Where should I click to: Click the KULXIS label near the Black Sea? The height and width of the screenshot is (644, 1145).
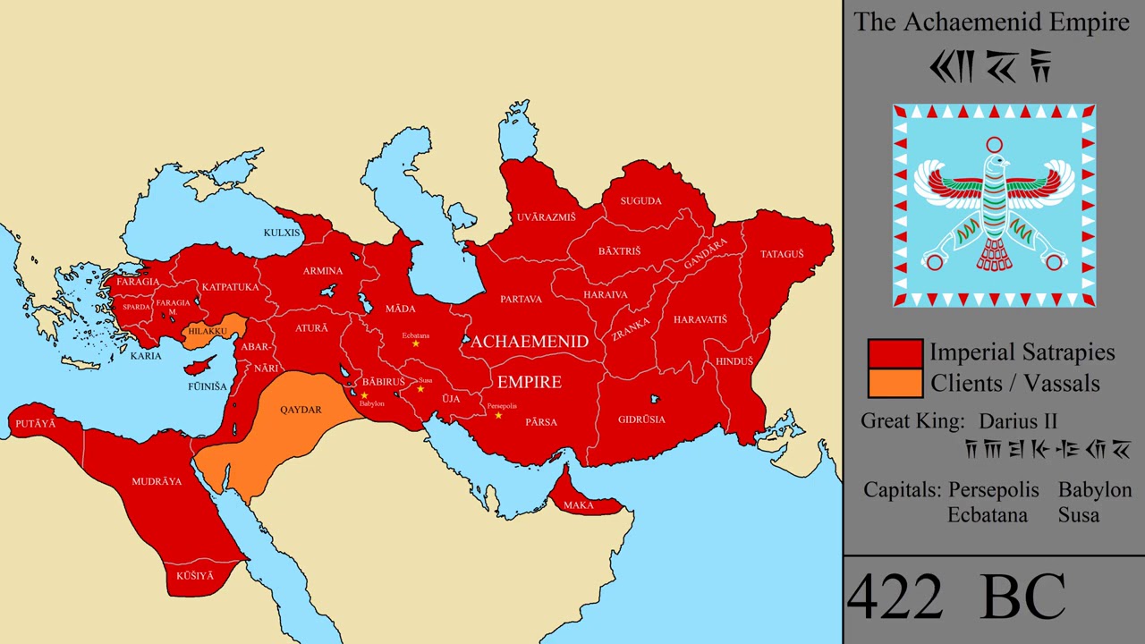(282, 233)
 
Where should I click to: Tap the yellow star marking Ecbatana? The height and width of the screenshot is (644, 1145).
(415, 344)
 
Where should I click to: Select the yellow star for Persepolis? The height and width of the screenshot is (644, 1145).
(498, 415)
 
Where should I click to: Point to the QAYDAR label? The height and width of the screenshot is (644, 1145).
(301, 410)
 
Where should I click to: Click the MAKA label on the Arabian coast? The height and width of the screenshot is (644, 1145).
(579, 505)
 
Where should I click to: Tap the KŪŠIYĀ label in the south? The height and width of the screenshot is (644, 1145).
(195, 576)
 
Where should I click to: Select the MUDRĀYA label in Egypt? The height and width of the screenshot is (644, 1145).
(157, 481)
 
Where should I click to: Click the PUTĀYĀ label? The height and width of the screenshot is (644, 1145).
(35, 423)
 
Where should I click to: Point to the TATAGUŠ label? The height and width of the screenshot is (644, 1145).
(782, 254)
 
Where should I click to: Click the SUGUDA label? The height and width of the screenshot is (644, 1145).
(640, 200)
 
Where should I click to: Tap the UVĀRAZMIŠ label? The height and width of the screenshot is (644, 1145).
(546, 217)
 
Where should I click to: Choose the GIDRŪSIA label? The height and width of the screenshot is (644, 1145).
(641, 419)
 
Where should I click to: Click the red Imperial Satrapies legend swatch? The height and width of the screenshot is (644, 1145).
(895, 352)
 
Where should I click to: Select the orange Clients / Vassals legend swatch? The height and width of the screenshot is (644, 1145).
(895, 383)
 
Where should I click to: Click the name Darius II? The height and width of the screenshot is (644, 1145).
(1018, 421)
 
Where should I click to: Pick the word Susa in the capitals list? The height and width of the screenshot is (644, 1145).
(1078, 515)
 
